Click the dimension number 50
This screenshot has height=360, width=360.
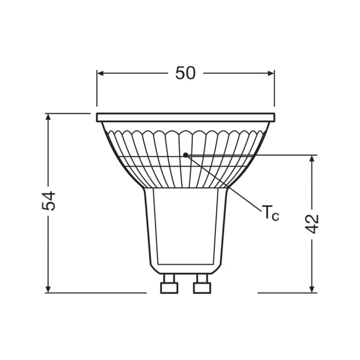[x=185, y=73]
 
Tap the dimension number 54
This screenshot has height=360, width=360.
[x=49, y=201]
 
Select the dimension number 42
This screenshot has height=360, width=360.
[x=312, y=224]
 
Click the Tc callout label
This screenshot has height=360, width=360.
[x=271, y=213]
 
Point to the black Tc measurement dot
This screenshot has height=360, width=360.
[x=186, y=155]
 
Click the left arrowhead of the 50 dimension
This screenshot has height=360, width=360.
[x=100, y=73]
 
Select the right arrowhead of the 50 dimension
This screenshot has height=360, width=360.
[x=271, y=73]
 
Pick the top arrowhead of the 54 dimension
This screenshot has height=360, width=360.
[x=48, y=117]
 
